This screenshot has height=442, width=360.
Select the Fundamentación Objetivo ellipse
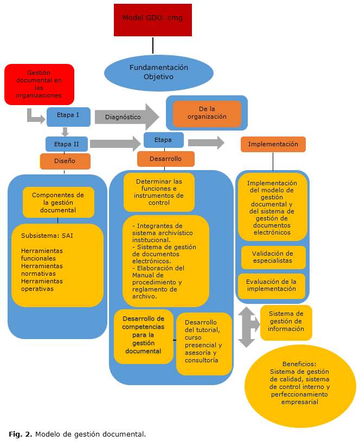click(x=158, y=73)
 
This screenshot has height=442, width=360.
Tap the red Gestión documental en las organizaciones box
click(x=39, y=84)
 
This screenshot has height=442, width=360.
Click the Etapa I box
click(x=68, y=116)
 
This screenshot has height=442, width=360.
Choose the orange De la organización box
click(x=207, y=113)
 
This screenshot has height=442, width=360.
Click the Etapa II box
click(x=67, y=144)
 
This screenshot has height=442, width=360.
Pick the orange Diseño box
click(x=65, y=161)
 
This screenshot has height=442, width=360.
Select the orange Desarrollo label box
click(x=166, y=159)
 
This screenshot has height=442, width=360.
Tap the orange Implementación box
click(x=273, y=144)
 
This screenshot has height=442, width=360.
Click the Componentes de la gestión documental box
click(x=58, y=202)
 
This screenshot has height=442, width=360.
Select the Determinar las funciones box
click(x=159, y=192)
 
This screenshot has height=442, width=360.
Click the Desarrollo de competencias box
click(x=143, y=336)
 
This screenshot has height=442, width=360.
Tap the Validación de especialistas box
click(x=273, y=257)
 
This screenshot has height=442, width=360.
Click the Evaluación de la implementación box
click(x=271, y=285)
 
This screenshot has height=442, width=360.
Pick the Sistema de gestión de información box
click(x=286, y=322)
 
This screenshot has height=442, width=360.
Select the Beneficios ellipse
click(x=300, y=387)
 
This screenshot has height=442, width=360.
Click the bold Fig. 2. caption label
click(x=21, y=434)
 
